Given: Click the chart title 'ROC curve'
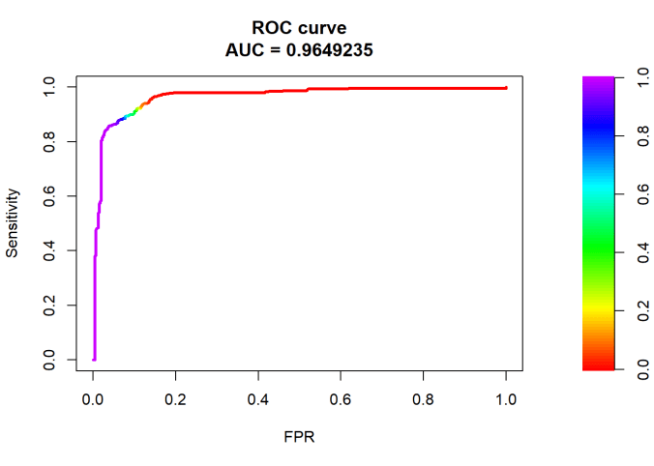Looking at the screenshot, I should (306, 28).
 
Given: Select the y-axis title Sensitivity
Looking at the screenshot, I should (14, 223).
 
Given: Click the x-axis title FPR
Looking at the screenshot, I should (300, 436).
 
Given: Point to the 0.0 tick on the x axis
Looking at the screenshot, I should (93, 398).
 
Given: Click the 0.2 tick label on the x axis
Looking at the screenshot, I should (176, 398).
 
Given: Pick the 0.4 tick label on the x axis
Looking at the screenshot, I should (258, 398).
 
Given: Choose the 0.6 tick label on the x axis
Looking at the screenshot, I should (341, 398).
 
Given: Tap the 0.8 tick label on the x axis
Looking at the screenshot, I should (423, 398).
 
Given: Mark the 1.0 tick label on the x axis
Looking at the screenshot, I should (505, 398).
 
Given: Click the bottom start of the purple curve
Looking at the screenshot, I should (94, 359).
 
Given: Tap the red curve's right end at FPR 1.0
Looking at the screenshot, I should (505, 88).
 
